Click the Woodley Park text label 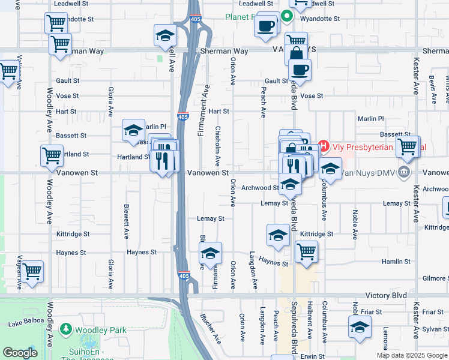101,329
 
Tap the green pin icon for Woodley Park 65,329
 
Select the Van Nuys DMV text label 368,173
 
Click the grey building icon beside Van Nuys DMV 404,173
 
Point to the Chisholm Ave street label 218,146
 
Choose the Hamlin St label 396,262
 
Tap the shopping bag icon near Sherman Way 297,53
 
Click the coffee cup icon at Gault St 300,69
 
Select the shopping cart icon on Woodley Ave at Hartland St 52,155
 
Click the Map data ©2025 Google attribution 411,355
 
